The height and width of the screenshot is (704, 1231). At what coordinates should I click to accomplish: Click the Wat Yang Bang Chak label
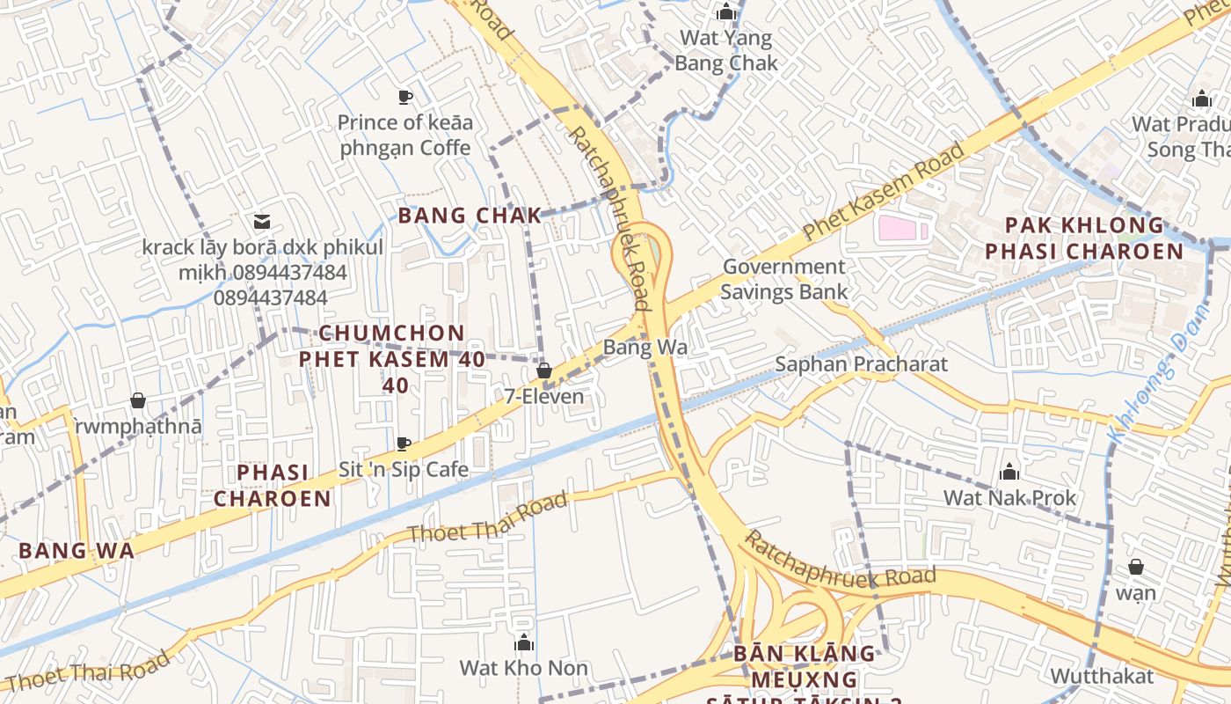[x=726, y=50]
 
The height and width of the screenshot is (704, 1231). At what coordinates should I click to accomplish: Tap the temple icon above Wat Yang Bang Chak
[x=726, y=12]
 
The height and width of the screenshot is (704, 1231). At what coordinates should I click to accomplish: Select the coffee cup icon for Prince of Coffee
[x=404, y=97]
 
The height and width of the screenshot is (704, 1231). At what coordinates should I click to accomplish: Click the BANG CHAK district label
[x=470, y=216]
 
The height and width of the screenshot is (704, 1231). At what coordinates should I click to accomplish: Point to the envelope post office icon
[x=262, y=221]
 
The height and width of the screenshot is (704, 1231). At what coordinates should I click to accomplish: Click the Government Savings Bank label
[x=784, y=279]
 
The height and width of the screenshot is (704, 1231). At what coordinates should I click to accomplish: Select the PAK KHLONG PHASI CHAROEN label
[x=1083, y=238]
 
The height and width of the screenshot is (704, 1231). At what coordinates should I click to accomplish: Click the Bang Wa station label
[x=645, y=348]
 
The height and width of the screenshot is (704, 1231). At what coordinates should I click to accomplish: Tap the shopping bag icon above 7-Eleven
[x=544, y=371]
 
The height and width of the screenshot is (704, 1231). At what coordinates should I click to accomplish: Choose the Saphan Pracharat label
[x=861, y=364]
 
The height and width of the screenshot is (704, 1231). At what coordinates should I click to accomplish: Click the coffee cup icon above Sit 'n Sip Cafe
[x=404, y=444]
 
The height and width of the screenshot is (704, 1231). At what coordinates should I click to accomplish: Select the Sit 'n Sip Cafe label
[x=404, y=469]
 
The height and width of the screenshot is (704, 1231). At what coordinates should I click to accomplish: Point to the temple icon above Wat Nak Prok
[x=1009, y=473]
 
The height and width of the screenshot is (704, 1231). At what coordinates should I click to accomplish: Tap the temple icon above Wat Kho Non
[x=524, y=642]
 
